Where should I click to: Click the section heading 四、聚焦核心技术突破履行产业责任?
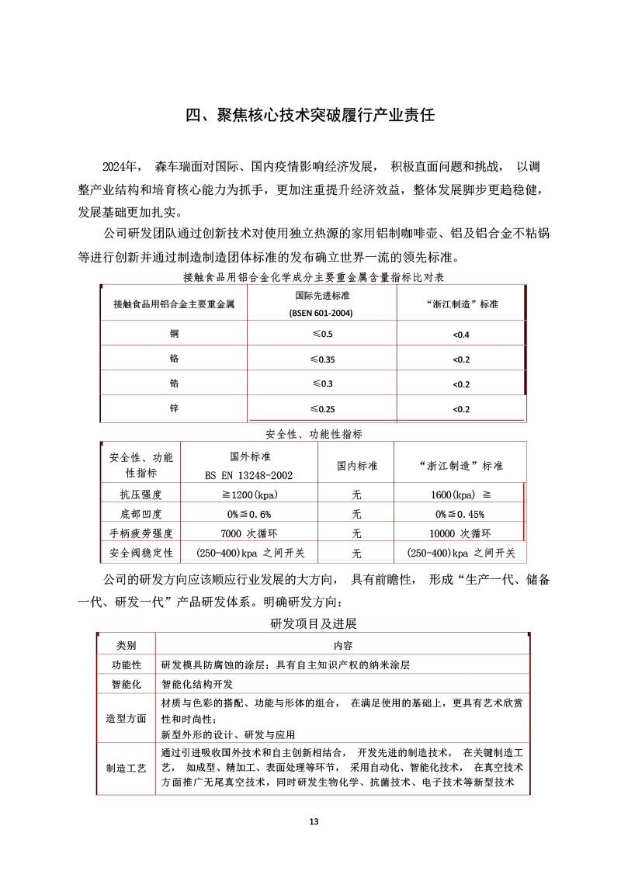[310, 116]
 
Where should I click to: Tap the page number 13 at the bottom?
[314, 822]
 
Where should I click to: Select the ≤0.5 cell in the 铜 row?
[321, 334]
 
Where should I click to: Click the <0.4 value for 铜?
[461, 335]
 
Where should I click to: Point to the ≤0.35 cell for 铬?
[321, 359]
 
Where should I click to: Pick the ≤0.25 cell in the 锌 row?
[321, 409]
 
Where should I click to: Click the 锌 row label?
[174, 408]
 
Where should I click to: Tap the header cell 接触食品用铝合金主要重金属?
[173, 304]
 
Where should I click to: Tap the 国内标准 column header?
[357, 466]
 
